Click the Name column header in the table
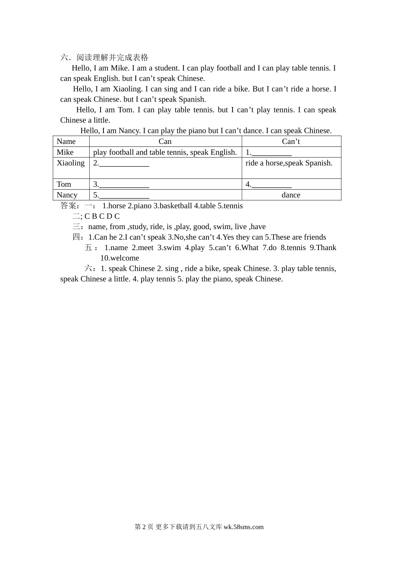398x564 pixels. point(66,141)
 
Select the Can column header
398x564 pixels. point(165,141)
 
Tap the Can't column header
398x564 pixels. point(291,141)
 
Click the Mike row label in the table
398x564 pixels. point(65,152)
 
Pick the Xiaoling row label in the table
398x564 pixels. point(70,163)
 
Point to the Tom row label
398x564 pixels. point(64,184)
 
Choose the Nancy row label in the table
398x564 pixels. point(67,195)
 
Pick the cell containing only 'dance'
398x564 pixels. point(291,195)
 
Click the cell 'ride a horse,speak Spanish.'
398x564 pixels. point(289,163)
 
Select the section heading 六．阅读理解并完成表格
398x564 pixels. point(104,57)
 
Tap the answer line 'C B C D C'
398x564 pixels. point(102,217)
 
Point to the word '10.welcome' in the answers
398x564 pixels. point(119,258)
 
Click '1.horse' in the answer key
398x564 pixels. point(114,206)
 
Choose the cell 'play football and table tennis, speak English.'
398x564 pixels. point(165,152)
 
